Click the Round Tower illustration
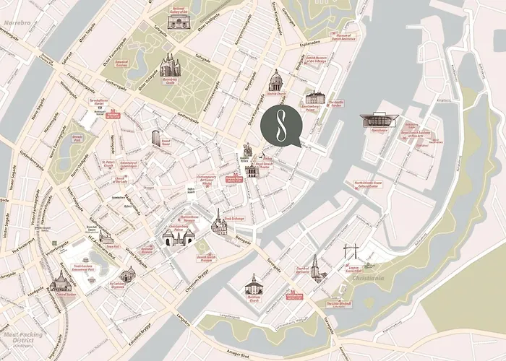click(x=156, y=137)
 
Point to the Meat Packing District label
click(x=22, y=335)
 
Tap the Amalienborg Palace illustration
click(x=315, y=97)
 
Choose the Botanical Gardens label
click(x=121, y=64)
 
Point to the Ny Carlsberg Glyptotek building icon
click(x=127, y=274)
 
